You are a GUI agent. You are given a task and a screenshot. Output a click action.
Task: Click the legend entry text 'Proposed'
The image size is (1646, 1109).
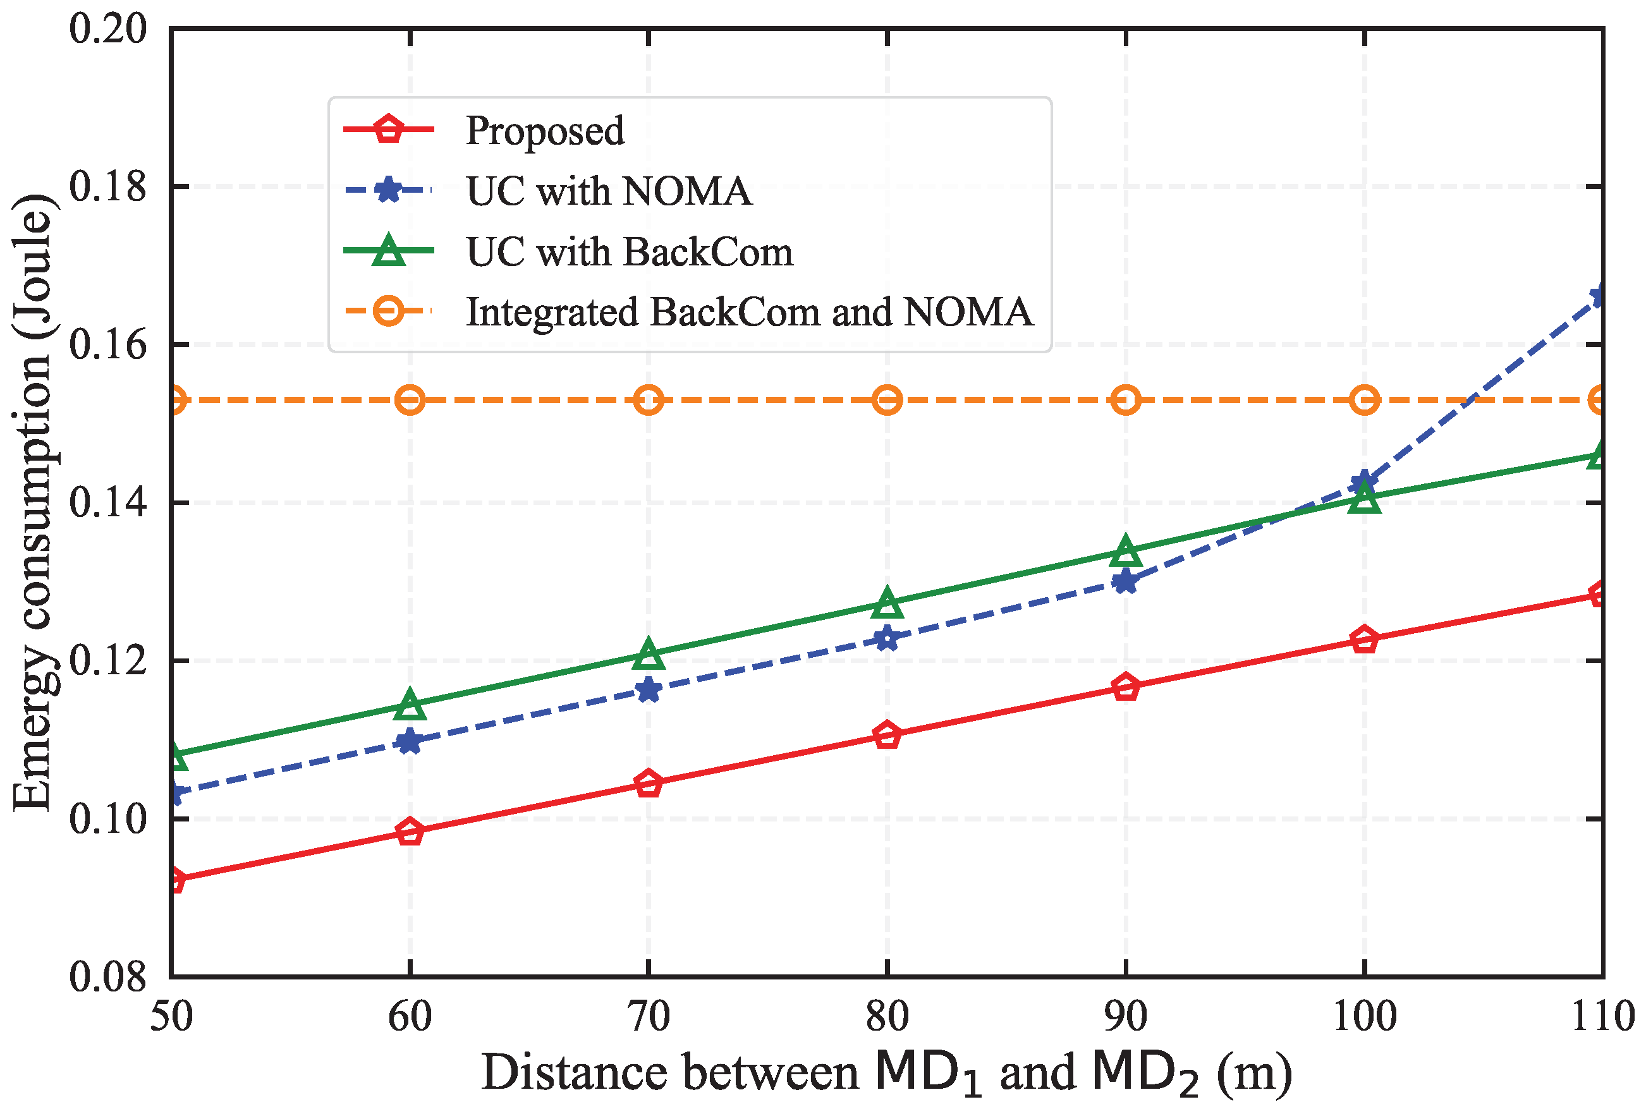pos(545,131)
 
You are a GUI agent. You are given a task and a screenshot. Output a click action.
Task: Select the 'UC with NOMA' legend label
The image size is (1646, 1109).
pos(608,191)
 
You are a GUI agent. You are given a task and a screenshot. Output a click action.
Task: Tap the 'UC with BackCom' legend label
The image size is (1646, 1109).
pos(630,251)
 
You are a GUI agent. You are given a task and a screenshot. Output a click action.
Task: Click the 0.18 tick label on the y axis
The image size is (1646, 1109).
pos(107,186)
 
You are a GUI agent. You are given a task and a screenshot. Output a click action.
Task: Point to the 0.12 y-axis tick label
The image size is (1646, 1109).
pos(107,660)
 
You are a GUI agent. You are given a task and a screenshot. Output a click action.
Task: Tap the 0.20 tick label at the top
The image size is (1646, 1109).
pos(107,29)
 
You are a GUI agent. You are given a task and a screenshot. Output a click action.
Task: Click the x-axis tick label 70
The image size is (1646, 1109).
pos(649,1017)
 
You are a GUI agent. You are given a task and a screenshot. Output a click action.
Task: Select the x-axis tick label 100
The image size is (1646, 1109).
pos(1365,1017)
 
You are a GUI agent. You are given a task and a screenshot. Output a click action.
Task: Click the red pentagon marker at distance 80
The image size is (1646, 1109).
pos(887,736)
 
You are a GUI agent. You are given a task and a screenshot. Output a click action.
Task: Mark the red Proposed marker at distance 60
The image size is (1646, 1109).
pos(410,832)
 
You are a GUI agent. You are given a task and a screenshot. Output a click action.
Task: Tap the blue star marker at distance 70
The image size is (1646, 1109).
pos(649,689)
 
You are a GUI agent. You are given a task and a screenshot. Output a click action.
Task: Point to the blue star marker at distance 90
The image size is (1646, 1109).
pos(1125,582)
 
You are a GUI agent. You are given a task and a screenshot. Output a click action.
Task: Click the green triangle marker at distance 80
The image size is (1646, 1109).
pos(887,603)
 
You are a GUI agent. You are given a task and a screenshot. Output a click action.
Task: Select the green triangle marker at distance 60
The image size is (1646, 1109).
pos(410,704)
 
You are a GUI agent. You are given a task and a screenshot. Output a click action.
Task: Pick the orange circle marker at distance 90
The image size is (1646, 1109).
pos(1125,401)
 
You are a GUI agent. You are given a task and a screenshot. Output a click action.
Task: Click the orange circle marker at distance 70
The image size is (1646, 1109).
pos(649,401)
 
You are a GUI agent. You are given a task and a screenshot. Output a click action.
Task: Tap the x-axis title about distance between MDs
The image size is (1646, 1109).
pos(886,1073)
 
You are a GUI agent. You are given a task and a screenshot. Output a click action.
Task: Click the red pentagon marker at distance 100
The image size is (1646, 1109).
pos(1365,640)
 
